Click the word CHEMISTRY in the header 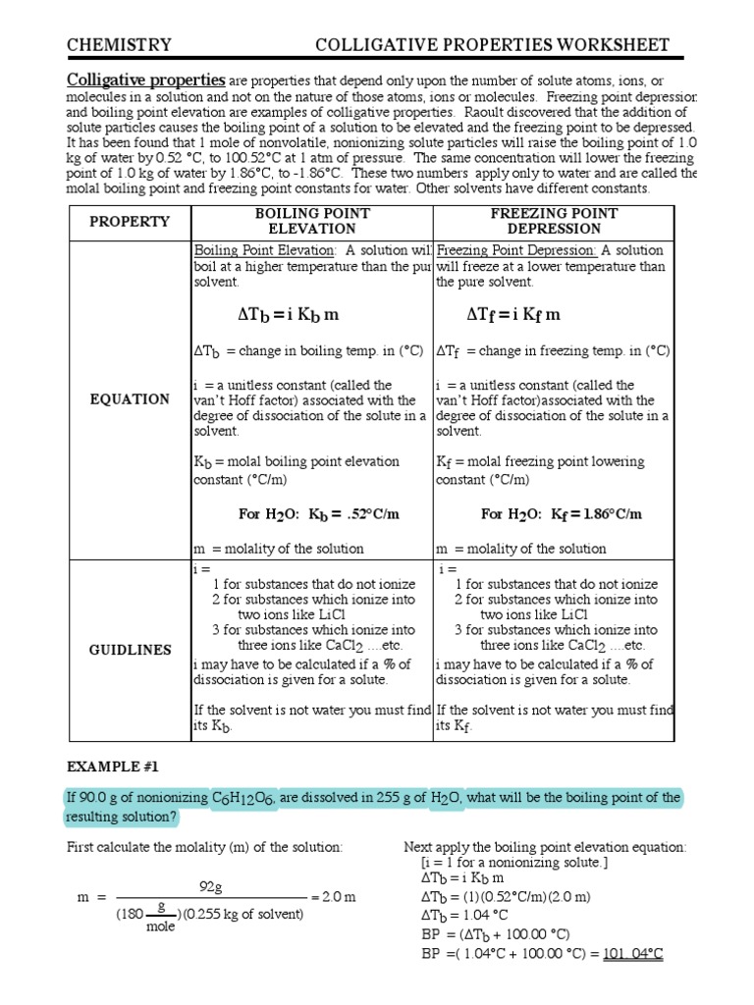tap(119, 45)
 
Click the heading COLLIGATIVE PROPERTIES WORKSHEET tap(492, 45)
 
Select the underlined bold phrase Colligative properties tap(146, 79)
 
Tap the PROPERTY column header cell tap(130, 221)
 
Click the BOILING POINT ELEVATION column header tap(312, 221)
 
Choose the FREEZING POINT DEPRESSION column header tap(554, 221)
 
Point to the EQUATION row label tap(130, 398)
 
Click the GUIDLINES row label tap(130, 650)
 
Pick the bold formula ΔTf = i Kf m tap(513, 315)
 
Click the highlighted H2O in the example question tap(446, 798)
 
